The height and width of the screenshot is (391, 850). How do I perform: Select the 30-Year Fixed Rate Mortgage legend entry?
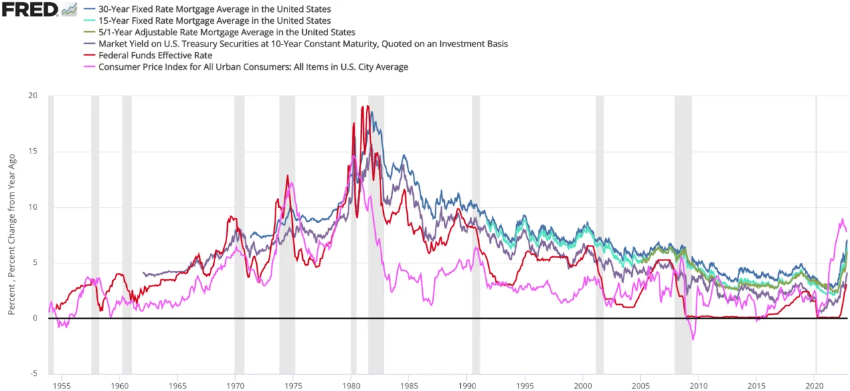coord(214,10)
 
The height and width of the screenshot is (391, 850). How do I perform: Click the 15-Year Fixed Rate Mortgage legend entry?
coord(214,21)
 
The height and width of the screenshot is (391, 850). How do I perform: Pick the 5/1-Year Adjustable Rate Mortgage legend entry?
coord(226,33)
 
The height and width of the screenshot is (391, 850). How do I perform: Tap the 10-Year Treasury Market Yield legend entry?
coord(303,44)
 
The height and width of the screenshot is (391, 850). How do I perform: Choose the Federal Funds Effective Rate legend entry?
coord(155,55)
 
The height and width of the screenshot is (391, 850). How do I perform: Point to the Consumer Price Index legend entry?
coord(253,66)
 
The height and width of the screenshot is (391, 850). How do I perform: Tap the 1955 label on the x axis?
coord(61,385)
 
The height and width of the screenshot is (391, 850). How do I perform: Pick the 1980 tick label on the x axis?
coord(351,385)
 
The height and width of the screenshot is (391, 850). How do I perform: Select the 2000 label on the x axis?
coord(582,385)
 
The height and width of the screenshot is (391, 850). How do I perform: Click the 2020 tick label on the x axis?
coord(814,385)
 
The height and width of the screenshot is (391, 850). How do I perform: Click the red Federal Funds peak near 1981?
coord(368,106)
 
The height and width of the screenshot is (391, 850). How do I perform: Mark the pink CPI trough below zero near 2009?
coord(693,339)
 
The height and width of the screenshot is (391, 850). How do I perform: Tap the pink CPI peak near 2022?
coord(843,219)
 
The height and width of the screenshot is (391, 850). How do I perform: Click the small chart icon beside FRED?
coord(69,9)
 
